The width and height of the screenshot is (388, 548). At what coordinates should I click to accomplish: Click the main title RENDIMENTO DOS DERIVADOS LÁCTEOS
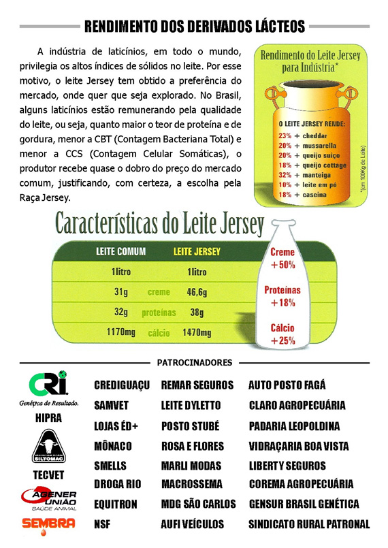coord(194,27)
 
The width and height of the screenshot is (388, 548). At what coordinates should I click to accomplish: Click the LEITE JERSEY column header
coord(197,252)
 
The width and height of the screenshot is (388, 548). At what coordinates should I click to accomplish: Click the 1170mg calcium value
coord(123,333)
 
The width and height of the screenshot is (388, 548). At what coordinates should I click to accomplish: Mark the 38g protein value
coord(196,312)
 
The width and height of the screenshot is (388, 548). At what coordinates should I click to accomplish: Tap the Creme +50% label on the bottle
coord(282,259)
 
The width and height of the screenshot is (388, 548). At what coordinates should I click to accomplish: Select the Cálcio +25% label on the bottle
coord(282,334)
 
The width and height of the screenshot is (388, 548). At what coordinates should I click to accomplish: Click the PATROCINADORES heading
coord(195,363)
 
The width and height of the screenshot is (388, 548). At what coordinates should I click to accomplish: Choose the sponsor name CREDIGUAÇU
coord(121,385)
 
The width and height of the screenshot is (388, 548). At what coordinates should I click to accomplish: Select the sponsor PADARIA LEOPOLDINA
coord(294,426)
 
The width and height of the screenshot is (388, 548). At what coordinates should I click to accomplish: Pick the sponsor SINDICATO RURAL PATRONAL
coord(308,524)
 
